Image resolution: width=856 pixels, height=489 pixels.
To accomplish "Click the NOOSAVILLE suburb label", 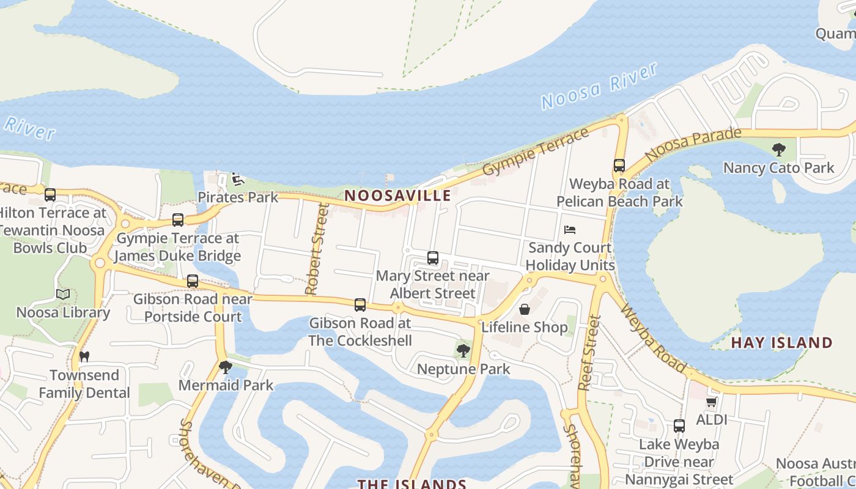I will pyautogui.click(x=397, y=196).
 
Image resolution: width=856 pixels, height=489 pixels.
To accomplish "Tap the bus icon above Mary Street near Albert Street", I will pyautogui.click(x=433, y=258).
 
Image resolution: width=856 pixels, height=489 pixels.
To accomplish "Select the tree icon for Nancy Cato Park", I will pyautogui.click(x=778, y=150).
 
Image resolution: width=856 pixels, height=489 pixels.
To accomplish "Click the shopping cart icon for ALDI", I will pyautogui.click(x=711, y=402).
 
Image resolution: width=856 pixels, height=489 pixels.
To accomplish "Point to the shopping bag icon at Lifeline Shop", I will pyautogui.click(x=525, y=309).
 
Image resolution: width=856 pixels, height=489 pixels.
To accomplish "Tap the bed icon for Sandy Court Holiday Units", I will pyautogui.click(x=570, y=230).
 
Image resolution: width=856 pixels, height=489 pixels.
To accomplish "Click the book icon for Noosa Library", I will pyautogui.click(x=63, y=295).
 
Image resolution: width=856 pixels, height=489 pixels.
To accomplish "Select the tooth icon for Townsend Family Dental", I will pyautogui.click(x=84, y=356).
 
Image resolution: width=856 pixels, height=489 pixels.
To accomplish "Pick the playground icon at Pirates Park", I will pyautogui.click(x=238, y=179).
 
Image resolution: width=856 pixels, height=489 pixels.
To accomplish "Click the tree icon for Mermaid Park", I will pyautogui.click(x=226, y=367).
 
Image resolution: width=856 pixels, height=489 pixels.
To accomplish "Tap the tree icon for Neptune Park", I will pyautogui.click(x=463, y=351).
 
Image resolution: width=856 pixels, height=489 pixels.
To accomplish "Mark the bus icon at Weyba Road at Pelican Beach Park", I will pyautogui.click(x=619, y=166).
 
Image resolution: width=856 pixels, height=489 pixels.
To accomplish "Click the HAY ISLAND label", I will pyautogui.click(x=781, y=342).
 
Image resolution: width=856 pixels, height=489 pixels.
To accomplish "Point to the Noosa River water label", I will pyautogui.click(x=599, y=86).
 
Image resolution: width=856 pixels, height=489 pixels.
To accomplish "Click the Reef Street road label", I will pyautogui.click(x=588, y=353).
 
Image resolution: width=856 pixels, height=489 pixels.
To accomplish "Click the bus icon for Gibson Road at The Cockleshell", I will pyautogui.click(x=360, y=304).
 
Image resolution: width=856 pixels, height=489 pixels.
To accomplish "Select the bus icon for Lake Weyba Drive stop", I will pyautogui.click(x=679, y=426).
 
